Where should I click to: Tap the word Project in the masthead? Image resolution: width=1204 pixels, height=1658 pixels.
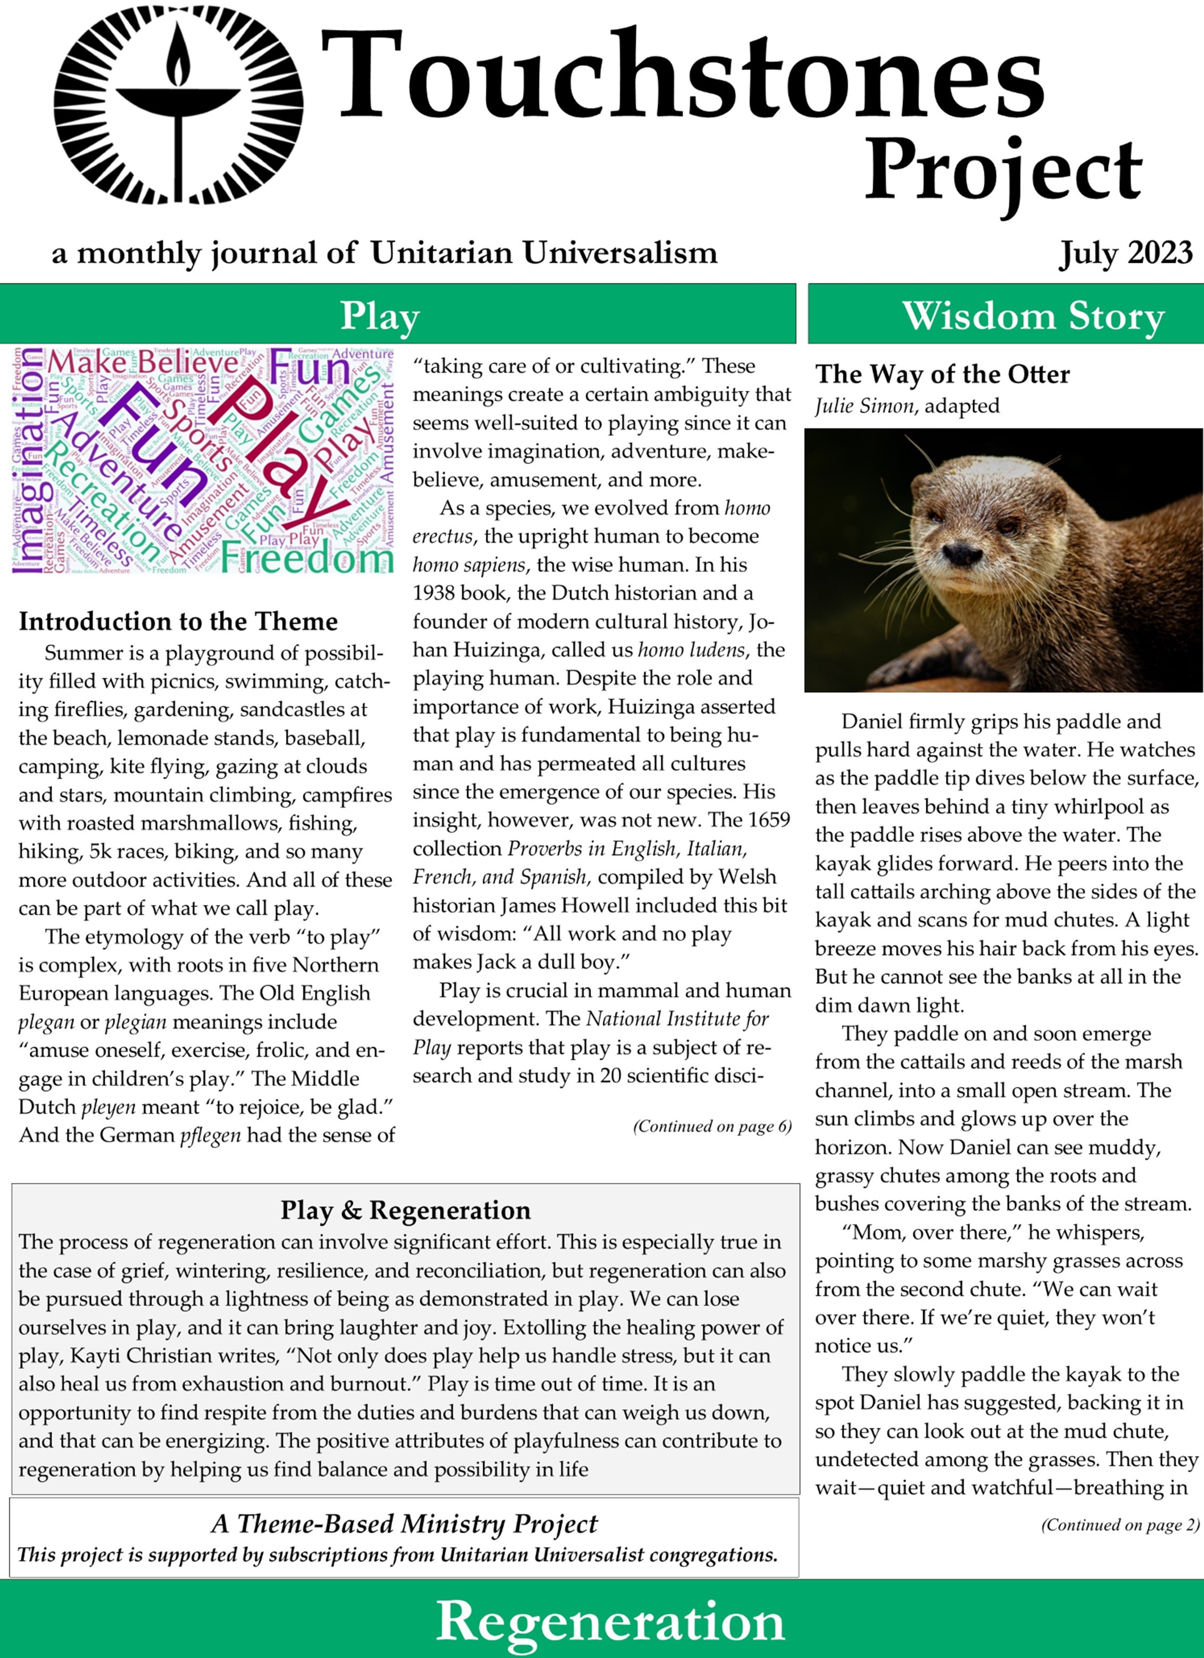pos(1002,172)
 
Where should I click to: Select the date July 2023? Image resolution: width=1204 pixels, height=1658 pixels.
pos(1125,253)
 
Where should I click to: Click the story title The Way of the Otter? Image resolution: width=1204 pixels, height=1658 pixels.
pos(942,374)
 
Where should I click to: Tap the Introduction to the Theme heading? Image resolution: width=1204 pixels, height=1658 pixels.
pos(178,621)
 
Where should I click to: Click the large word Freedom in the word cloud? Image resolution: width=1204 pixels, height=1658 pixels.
pos(307,559)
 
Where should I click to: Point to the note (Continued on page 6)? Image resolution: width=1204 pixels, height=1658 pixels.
pos(712,1126)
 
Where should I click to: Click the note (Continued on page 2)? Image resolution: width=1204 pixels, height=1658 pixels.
pos(1120,1525)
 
